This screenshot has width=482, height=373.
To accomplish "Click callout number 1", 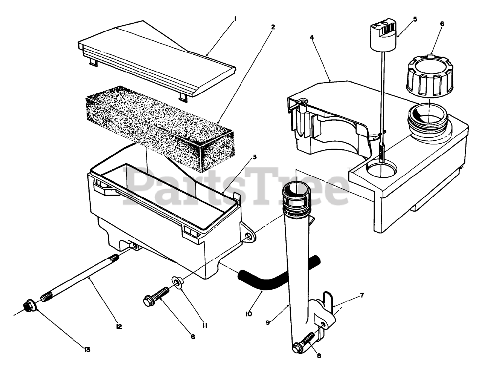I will pos(235,17).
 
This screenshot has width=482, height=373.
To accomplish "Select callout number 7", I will pos(362,295).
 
